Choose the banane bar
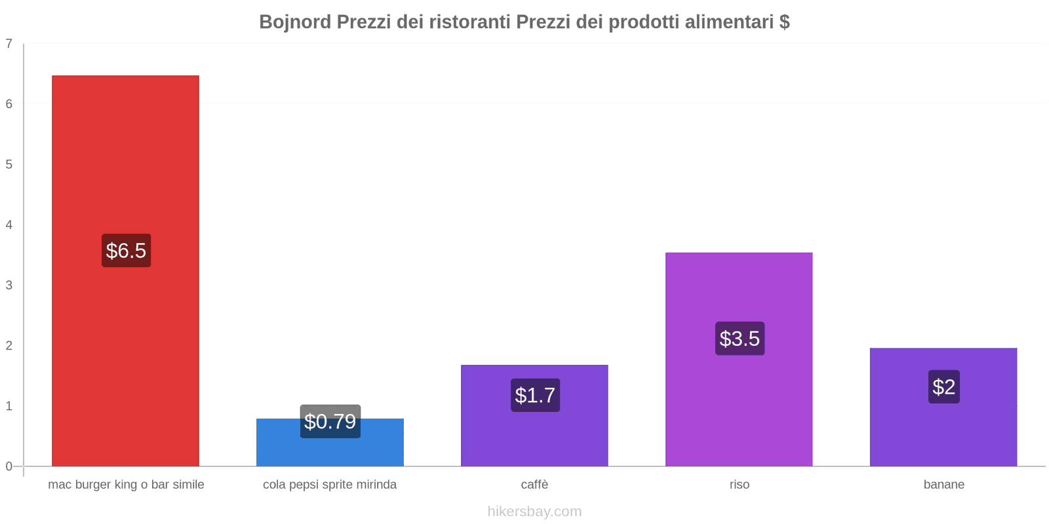(943, 432)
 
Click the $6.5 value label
(126, 250)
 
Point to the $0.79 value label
(330, 421)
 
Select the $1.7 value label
(535, 395)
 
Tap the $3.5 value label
(740, 339)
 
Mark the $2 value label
(943, 387)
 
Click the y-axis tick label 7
(9, 44)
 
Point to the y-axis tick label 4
(9, 225)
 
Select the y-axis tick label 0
(9, 466)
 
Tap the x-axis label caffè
(534, 485)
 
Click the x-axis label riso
(740, 485)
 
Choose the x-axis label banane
(943, 485)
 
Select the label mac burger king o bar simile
(126, 485)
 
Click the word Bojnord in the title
(295, 22)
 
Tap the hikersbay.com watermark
(534, 512)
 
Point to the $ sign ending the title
(785, 22)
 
